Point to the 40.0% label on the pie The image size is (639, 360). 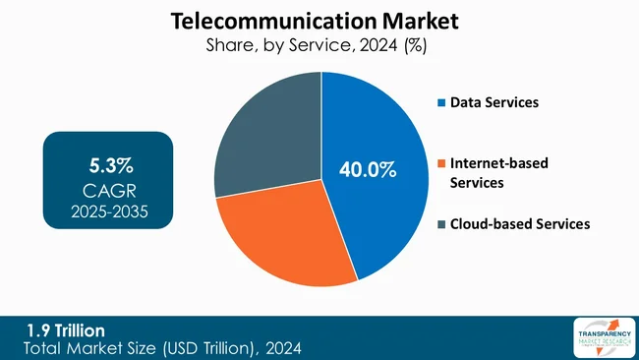point(368,170)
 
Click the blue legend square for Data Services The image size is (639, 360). point(442,102)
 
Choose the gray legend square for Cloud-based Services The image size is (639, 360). point(442,224)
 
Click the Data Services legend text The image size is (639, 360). point(494,102)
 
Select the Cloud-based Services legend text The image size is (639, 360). point(520,224)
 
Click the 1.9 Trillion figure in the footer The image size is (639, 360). point(65,329)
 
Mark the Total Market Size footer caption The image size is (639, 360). point(162,347)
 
